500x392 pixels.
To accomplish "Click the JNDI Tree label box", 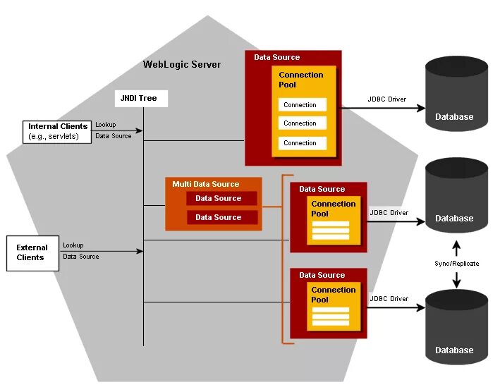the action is (x=141, y=99).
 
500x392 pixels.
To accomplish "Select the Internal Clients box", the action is (x=57, y=132).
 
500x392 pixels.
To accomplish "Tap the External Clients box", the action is (x=33, y=253).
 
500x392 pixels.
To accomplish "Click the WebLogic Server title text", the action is (x=182, y=64).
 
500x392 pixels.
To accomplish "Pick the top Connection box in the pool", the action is (x=303, y=104).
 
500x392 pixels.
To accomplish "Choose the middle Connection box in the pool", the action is (x=303, y=123).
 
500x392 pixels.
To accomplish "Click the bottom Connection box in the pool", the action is (x=303, y=143).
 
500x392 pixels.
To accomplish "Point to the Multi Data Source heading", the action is (x=206, y=184).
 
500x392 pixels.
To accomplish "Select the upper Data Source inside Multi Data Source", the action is (x=222, y=198).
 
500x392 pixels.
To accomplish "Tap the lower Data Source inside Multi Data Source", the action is (x=222, y=217).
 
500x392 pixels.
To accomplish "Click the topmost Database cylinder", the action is (x=457, y=94).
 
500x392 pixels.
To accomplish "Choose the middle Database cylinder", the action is (x=457, y=195).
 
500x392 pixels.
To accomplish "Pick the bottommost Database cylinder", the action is (x=457, y=327).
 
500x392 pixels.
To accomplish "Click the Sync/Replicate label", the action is (x=457, y=264).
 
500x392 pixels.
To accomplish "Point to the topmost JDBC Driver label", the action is (x=387, y=99).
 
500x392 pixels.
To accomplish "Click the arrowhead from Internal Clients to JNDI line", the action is (x=139, y=130).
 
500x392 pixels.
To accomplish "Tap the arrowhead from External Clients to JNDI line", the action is (x=140, y=251).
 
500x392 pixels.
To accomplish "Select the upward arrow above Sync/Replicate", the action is (x=457, y=248).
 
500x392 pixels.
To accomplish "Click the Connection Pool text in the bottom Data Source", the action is (x=334, y=295).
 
